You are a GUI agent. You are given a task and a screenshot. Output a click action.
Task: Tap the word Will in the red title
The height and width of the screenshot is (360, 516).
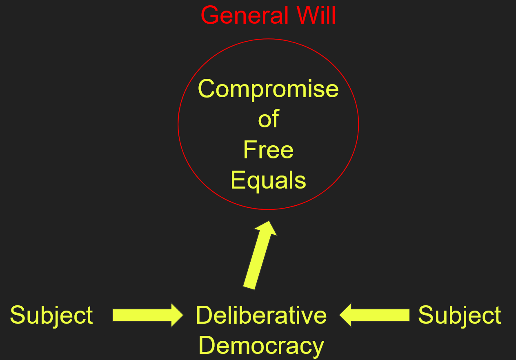pos(316,16)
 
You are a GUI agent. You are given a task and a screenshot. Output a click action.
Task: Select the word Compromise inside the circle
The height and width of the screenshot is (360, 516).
pos(268,89)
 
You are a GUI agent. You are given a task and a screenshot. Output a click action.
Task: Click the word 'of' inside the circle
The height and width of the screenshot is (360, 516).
pos(268,119)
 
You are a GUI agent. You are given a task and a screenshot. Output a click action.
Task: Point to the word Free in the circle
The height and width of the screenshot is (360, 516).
pos(268,150)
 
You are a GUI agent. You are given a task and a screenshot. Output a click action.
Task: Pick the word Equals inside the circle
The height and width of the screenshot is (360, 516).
pos(268,180)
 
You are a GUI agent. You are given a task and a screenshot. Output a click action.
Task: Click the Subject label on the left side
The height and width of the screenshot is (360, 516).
pos(51,316)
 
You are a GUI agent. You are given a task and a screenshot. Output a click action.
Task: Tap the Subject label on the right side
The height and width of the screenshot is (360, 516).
pos(460,316)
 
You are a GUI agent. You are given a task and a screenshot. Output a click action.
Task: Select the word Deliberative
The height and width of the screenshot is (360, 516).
pos(261,315)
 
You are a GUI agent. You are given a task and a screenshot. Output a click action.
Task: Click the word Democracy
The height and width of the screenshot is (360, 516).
pos(261,345)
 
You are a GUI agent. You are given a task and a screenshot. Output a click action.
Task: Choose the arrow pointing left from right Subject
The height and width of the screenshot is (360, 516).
pos(374,315)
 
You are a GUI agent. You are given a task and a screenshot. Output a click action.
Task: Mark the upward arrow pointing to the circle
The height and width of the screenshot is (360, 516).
pos(260,255)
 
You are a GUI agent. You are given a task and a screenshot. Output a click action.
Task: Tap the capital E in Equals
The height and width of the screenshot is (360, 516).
pos(237,180)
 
